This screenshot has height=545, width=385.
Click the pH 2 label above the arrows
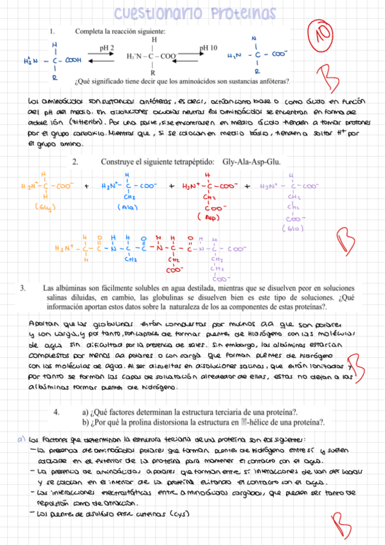point(107,48)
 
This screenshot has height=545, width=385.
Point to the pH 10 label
point(208,48)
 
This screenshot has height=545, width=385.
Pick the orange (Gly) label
point(44,207)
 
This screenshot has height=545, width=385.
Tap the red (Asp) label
point(207,218)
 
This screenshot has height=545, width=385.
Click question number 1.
point(52,31)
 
